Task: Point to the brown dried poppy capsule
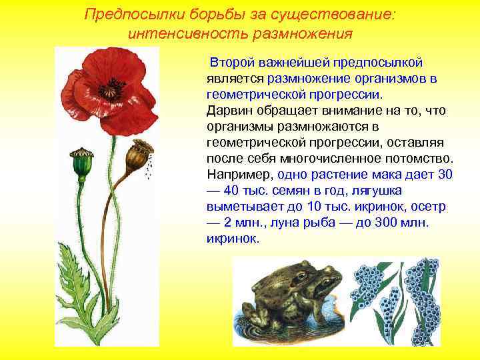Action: (138, 155)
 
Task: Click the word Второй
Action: (231, 63)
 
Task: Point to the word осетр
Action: (429, 206)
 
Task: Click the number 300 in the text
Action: (385, 222)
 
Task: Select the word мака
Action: (385, 174)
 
